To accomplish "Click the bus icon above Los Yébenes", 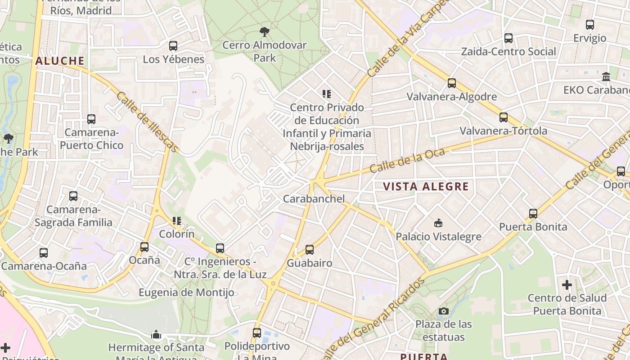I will click(x=173, y=45).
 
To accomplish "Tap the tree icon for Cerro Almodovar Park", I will click(x=265, y=31).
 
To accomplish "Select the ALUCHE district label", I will click(x=60, y=61).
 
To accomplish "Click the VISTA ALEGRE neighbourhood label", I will click(x=426, y=186).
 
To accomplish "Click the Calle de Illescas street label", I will click(x=148, y=122).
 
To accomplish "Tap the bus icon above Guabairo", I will click(x=309, y=250).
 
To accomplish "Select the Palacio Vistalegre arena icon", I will click(x=438, y=223).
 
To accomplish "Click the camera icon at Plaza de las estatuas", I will click(x=443, y=311).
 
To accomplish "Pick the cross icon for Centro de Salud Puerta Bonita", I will click(x=567, y=284).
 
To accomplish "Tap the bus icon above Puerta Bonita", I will click(x=533, y=213).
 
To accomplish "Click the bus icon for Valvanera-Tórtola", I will click(x=504, y=117).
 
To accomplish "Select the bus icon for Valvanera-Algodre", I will click(x=452, y=83).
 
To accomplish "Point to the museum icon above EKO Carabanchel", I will click(x=606, y=76).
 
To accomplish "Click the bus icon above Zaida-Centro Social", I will click(x=508, y=38).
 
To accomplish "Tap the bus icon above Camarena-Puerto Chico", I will click(x=91, y=119).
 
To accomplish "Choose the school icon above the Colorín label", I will click(x=177, y=221).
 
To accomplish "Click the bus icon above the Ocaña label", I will click(x=144, y=247).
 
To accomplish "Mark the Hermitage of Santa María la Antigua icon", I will click(x=156, y=334).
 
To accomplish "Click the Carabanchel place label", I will click(x=314, y=198).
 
